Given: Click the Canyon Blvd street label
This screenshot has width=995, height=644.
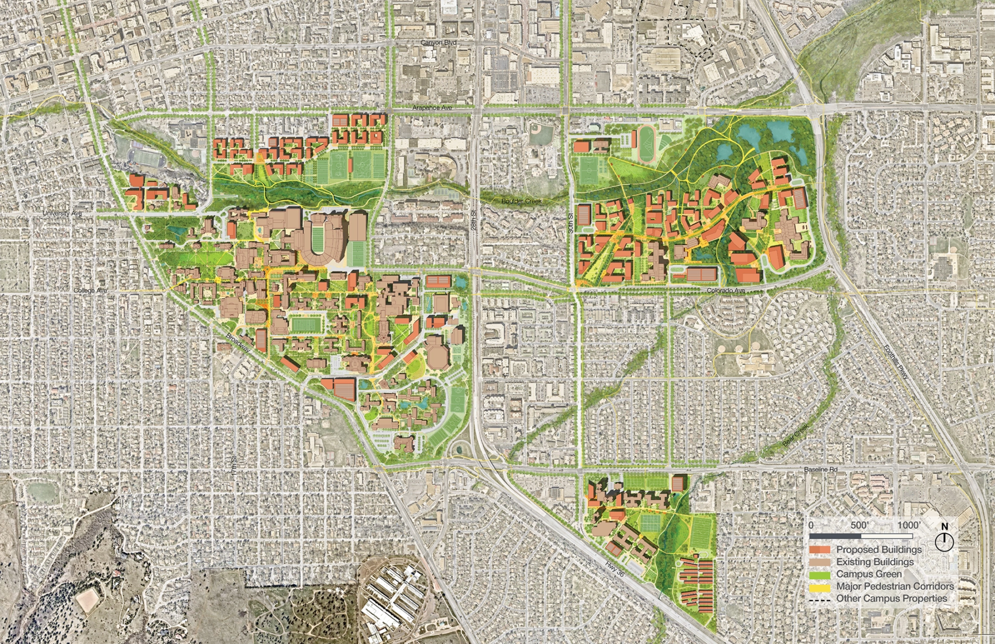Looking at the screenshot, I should (438, 43).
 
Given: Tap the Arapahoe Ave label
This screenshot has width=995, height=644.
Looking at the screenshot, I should (433, 108).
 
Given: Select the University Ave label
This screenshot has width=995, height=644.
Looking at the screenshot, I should (62, 213).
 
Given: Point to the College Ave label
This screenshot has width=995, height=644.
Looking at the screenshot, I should (90, 291).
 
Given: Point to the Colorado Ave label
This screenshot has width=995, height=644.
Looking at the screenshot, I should (726, 291).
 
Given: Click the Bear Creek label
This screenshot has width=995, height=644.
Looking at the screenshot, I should (796, 435).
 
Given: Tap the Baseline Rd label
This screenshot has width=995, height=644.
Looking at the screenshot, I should (820, 469).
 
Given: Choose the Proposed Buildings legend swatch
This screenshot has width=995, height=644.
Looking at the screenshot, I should (820, 549).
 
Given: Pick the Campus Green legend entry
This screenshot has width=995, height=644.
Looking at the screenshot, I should (868, 574).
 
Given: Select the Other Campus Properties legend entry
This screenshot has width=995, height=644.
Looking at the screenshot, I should (891, 598).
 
